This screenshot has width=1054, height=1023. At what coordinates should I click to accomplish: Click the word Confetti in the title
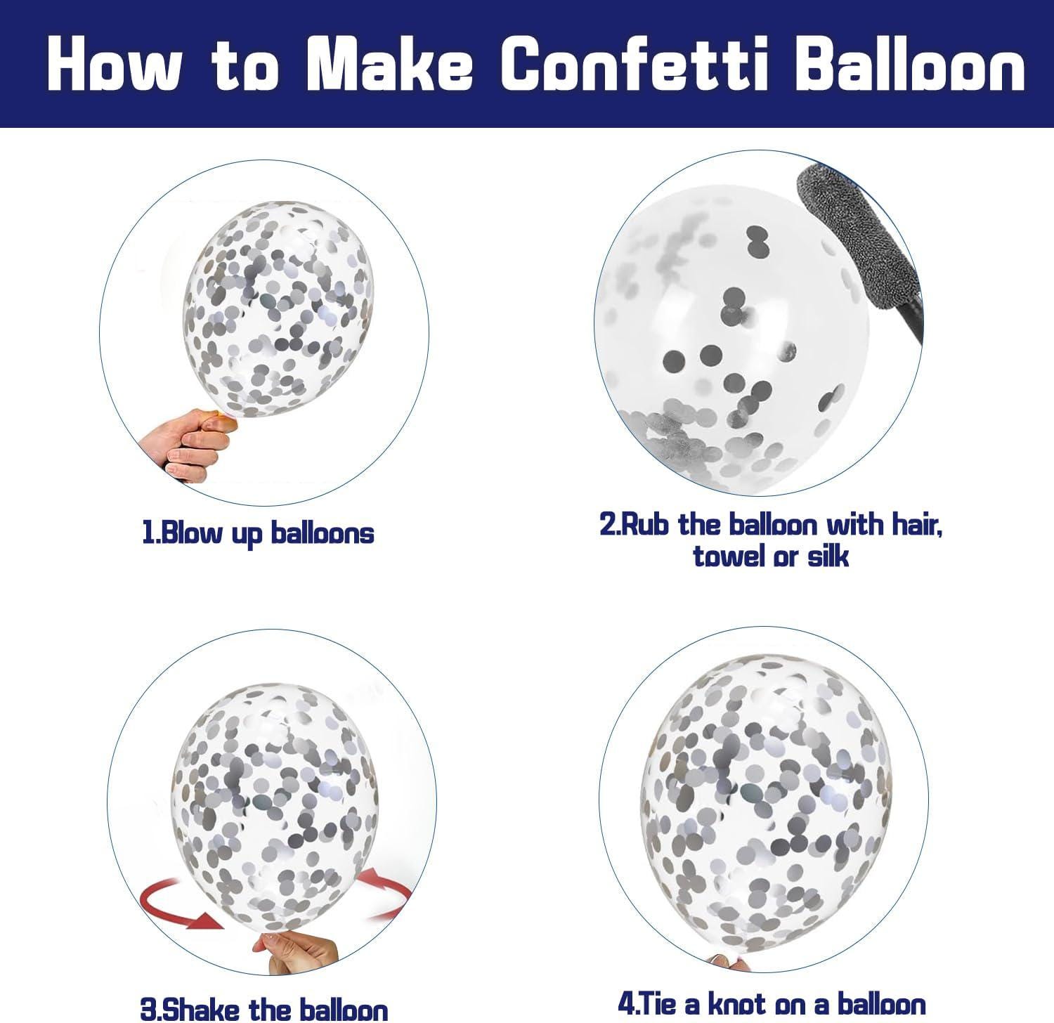635,65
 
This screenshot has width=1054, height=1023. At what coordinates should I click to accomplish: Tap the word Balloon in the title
911,65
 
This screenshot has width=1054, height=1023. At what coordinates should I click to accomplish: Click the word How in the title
115,65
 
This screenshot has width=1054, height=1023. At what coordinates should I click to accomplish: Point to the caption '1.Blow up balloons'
258,533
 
